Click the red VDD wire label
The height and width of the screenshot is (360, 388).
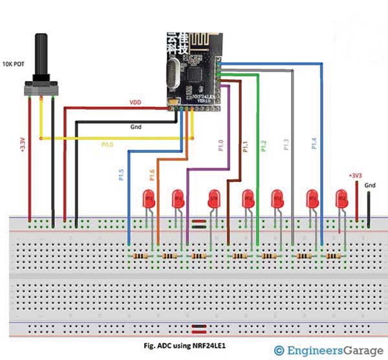point(135,103)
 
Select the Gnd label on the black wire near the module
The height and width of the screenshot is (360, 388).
point(137,128)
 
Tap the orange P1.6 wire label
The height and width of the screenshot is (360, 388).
point(153,174)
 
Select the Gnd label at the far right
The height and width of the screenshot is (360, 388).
point(370,186)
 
